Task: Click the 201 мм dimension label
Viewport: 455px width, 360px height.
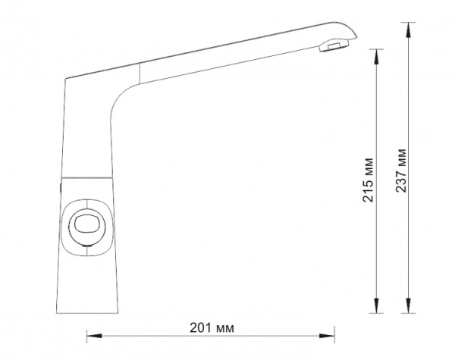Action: pyautogui.click(x=212, y=328)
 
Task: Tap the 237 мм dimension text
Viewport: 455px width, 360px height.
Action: pyautogui.click(x=400, y=171)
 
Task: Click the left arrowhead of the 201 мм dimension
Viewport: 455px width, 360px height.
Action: pyautogui.click(x=94, y=336)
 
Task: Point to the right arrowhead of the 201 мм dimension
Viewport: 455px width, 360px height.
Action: pyautogui.click(x=327, y=336)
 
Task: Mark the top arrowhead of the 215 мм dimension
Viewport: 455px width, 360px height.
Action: pyautogui.click(x=376, y=57)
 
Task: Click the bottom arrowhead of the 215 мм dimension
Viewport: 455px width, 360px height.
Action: pyautogui.click(x=376, y=305)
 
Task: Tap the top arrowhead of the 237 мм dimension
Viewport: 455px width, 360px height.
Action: pyautogui.click(x=408, y=30)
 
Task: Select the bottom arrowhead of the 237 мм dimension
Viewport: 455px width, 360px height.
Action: pyautogui.click(x=408, y=305)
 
